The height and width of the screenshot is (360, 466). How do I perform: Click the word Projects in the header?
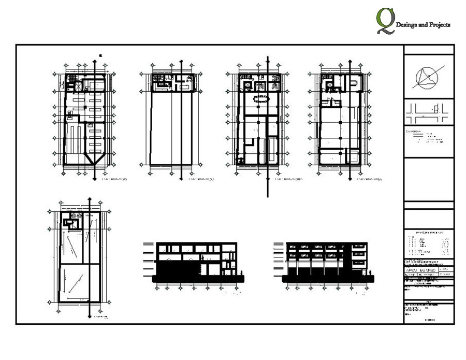coord(438,25)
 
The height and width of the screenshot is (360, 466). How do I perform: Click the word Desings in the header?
coord(407,25)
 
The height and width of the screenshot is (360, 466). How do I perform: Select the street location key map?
coord(428,111)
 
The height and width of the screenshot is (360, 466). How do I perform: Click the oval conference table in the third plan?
coord(258,99)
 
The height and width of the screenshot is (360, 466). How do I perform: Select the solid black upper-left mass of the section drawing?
coord(176,269)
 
